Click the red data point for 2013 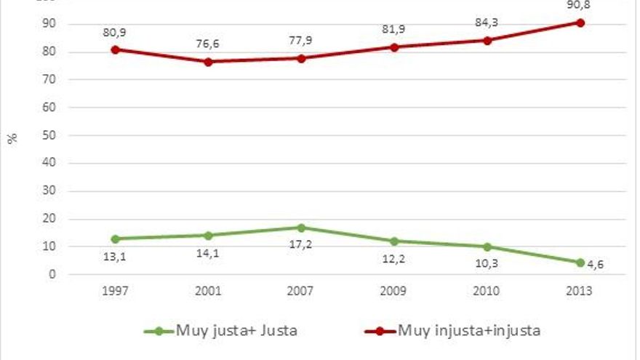(x=580, y=23)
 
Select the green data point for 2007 (x=300, y=228)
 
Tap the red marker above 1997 (x=115, y=49)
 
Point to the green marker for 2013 (x=580, y=263)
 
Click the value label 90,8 (x=580, y=5)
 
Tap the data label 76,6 (x=207, y=44)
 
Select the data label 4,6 (x=596, y=266)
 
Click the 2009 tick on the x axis (x=393, y=291)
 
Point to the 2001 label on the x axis (x=207, y=291)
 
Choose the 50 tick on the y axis (x=52, y=136)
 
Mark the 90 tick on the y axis (x=52, y=25)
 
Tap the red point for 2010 (x=487, y=41)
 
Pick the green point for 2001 (x=207, y=236)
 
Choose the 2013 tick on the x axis (x=580, y=291)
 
